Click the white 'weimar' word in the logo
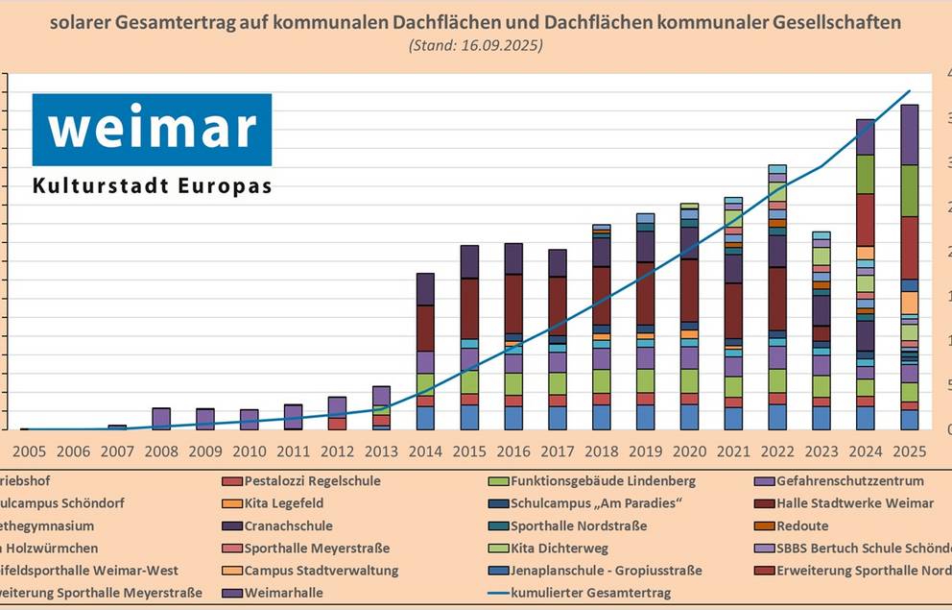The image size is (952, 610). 152,128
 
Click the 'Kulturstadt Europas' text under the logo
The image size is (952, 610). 152,185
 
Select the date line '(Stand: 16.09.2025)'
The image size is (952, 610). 475,45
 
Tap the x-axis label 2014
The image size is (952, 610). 425,450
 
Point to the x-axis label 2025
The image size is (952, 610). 910,450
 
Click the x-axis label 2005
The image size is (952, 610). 29,450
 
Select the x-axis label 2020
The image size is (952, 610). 689,450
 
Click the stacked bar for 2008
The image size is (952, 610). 161,418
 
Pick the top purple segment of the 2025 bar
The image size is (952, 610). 910,134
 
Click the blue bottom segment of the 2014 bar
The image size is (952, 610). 425,417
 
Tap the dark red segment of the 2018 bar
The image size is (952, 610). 602,296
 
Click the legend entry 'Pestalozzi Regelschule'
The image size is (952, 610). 312,480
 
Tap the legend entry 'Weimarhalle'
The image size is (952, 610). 284,593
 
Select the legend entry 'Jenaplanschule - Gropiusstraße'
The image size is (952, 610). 606,571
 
